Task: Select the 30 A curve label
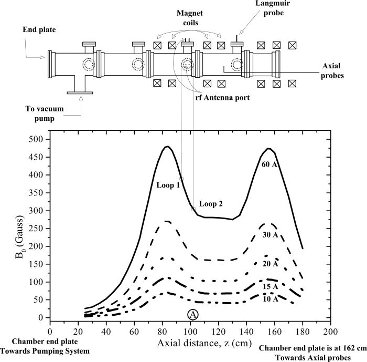click(x=271, y=236)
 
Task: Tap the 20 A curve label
click(x=271, y=263)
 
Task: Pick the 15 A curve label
click(x=271, y=287)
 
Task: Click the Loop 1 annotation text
click(x=168, y=185)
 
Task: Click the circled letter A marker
click(x=192, y=314)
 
